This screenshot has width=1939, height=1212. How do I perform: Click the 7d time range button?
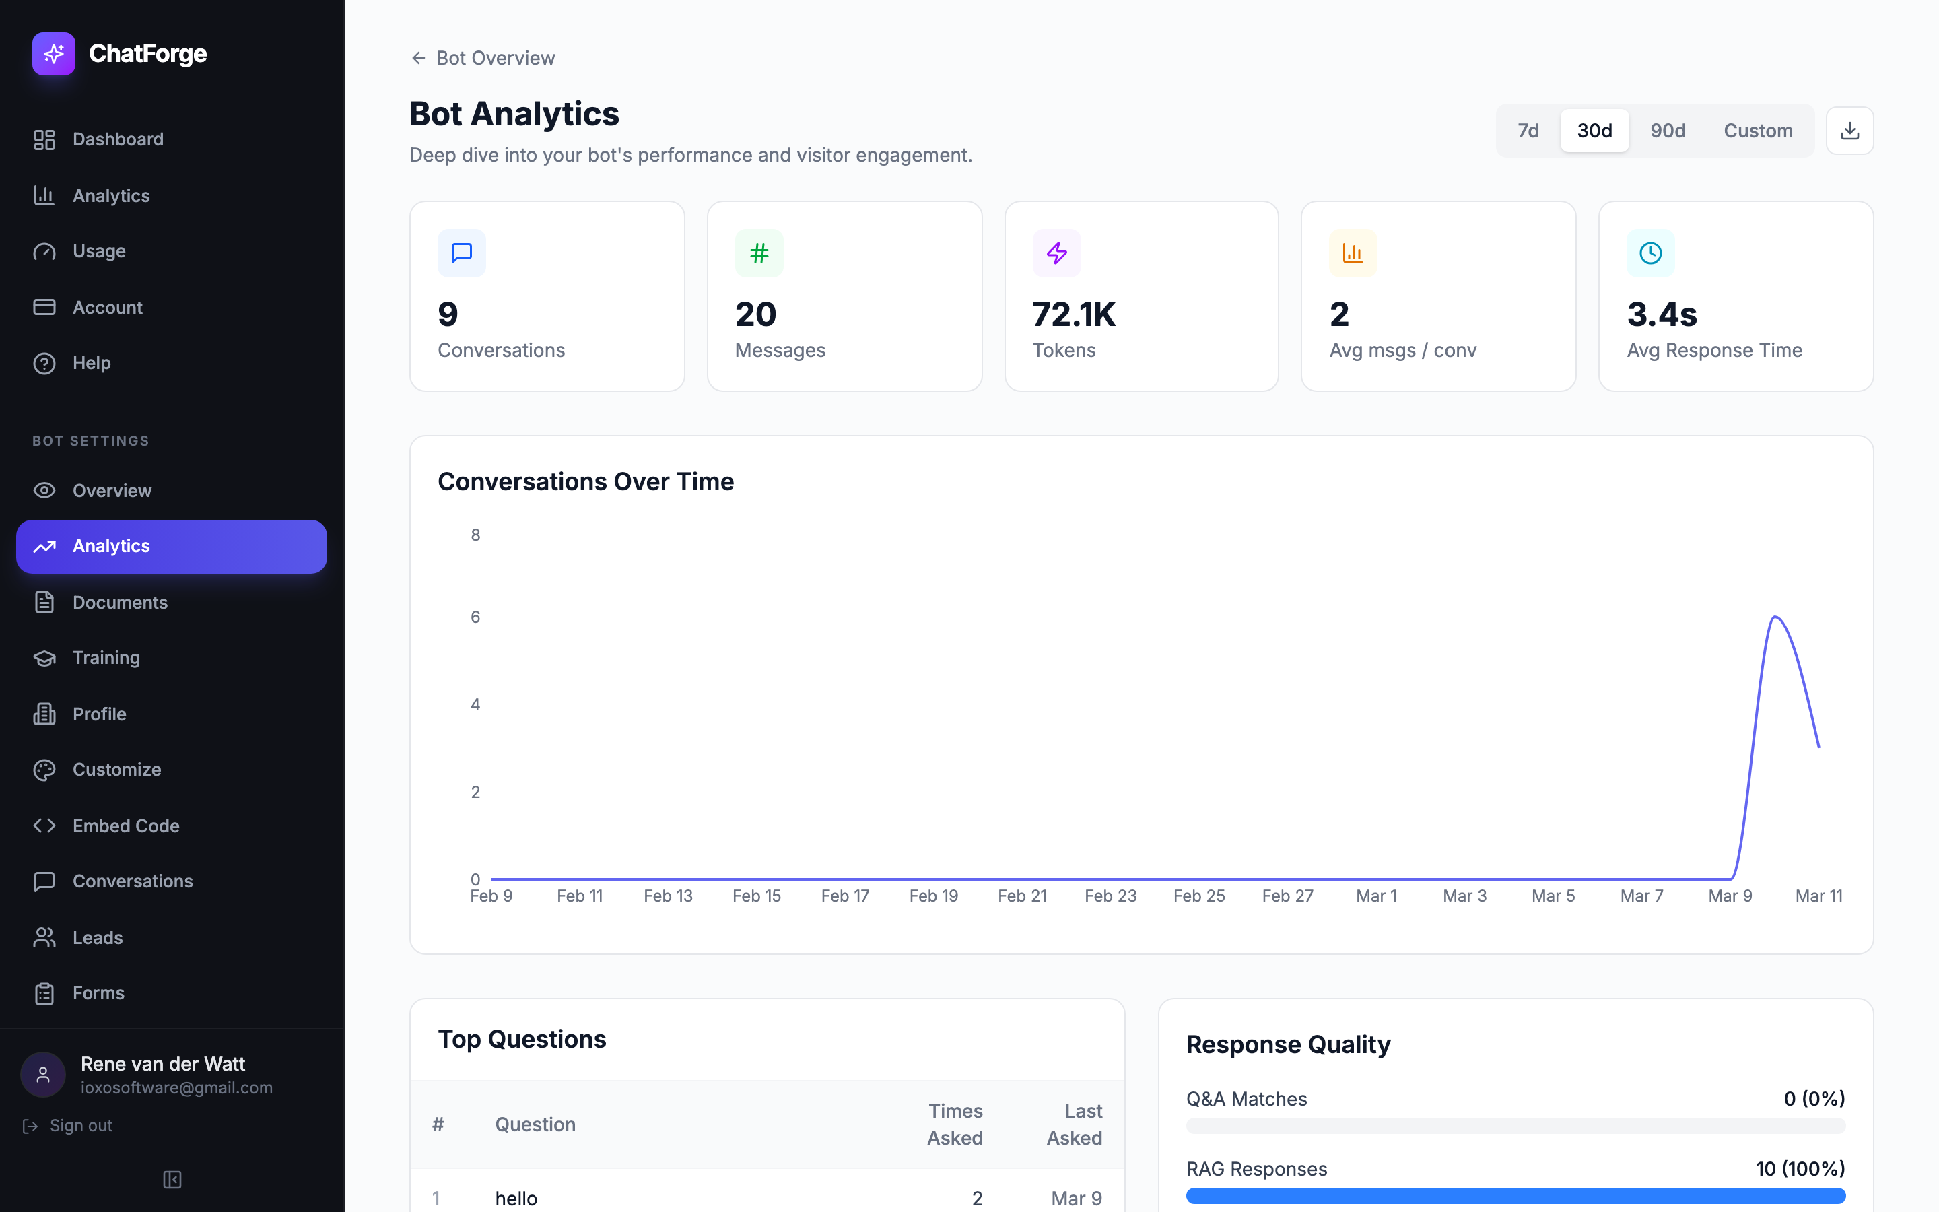1527,131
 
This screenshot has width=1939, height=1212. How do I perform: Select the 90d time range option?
1668,131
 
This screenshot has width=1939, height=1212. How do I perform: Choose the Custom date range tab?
1757,131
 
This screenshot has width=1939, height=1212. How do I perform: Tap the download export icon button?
1849,131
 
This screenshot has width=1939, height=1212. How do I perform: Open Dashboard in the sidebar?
118,139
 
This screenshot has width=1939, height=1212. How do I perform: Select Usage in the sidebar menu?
98,251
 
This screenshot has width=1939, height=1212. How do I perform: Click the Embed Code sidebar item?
126,826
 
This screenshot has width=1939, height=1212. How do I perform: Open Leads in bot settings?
97,937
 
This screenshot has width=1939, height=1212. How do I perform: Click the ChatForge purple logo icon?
54,54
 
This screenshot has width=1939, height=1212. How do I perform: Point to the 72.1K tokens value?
1074,314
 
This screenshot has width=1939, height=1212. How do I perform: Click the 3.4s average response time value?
1662,314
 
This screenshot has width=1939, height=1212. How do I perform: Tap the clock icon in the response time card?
1649,253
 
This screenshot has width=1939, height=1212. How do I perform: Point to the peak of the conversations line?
1775,617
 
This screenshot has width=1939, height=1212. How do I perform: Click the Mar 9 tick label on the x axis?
1730,896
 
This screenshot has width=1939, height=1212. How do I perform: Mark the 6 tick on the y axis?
475,617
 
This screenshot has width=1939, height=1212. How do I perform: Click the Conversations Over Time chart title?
585,481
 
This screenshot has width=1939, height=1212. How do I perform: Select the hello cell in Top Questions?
516,1198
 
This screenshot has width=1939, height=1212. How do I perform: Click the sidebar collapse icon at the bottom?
172,1179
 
